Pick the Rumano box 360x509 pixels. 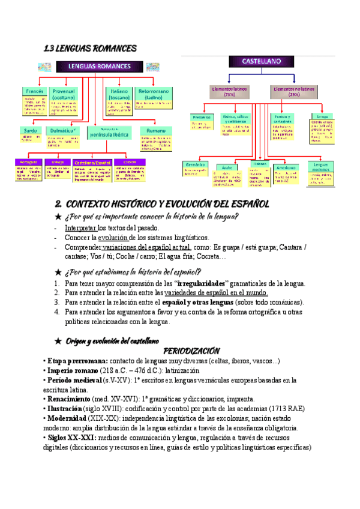tap(155, 130)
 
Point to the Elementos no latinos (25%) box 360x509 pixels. tap(293, 91)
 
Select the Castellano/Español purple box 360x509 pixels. tap(92, 162)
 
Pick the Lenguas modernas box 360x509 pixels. tap(322, 167)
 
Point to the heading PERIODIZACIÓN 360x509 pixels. tap(191, 351)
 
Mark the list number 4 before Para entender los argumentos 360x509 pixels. tap(56, 312)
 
